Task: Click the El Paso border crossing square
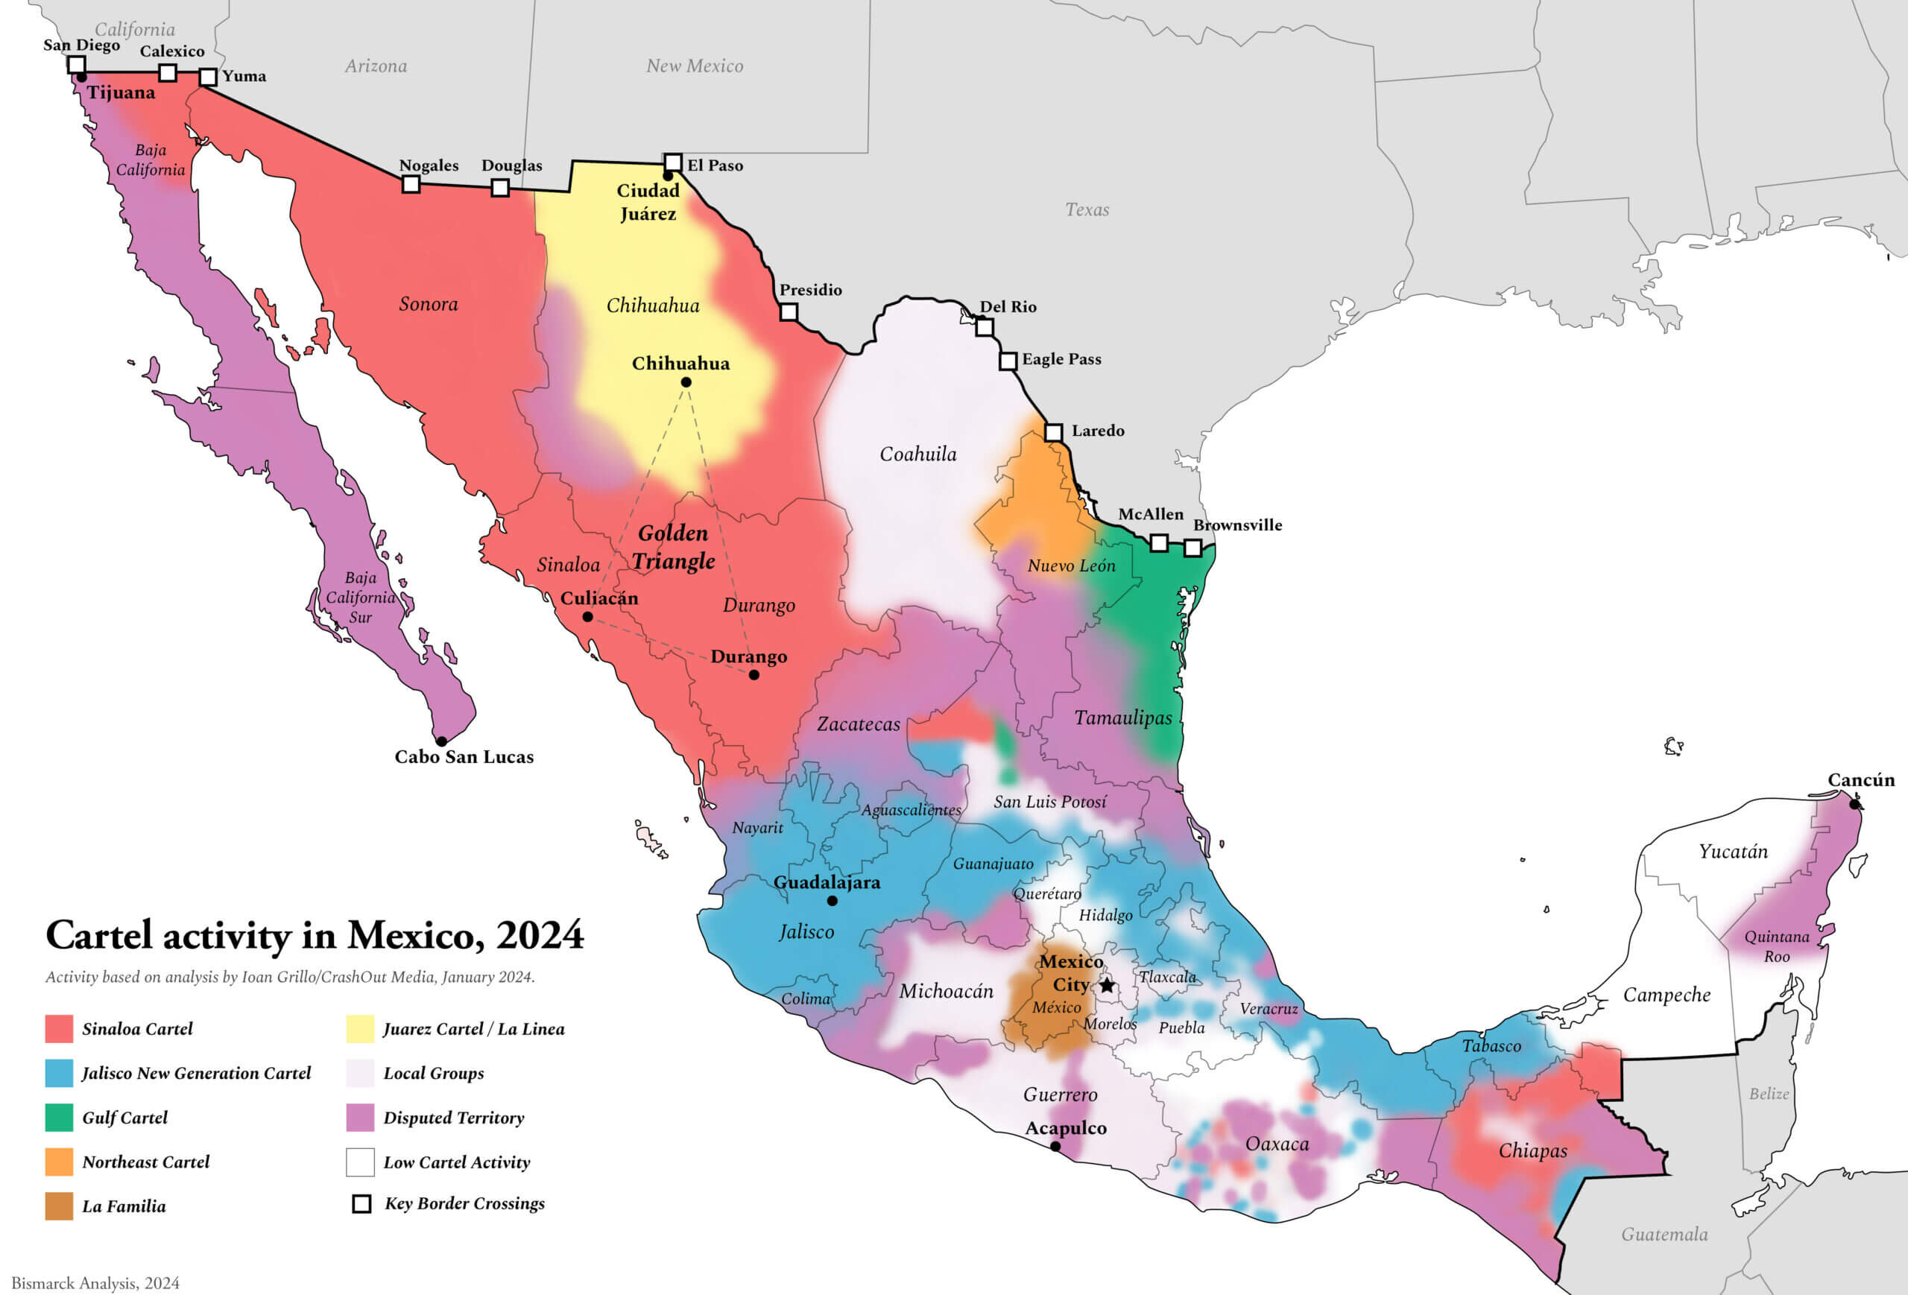[x=672, y=162]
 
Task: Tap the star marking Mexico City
[x=1107, y=985]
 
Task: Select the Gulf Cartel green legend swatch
[x=59, y=1117]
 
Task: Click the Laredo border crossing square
[x=1053, y=431]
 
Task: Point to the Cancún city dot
[x=1854, y=804]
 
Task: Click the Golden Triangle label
[x=673, y=547]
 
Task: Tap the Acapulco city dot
[x=1055, y=1147]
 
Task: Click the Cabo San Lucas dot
[x=441, y=741]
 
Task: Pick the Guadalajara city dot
[x=832, y=900]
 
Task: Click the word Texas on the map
[x=1087, y=210]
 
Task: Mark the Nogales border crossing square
[x=411, y=185]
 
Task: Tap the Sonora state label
[x=429, y=305]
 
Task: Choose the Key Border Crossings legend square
[x=361, y=1204]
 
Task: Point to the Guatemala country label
[x=1664, y=1234]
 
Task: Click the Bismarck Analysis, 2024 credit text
[x=95, y=1282]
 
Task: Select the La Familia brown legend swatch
[x=59, y=1206]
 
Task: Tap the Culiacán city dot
[x=587, y=616]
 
